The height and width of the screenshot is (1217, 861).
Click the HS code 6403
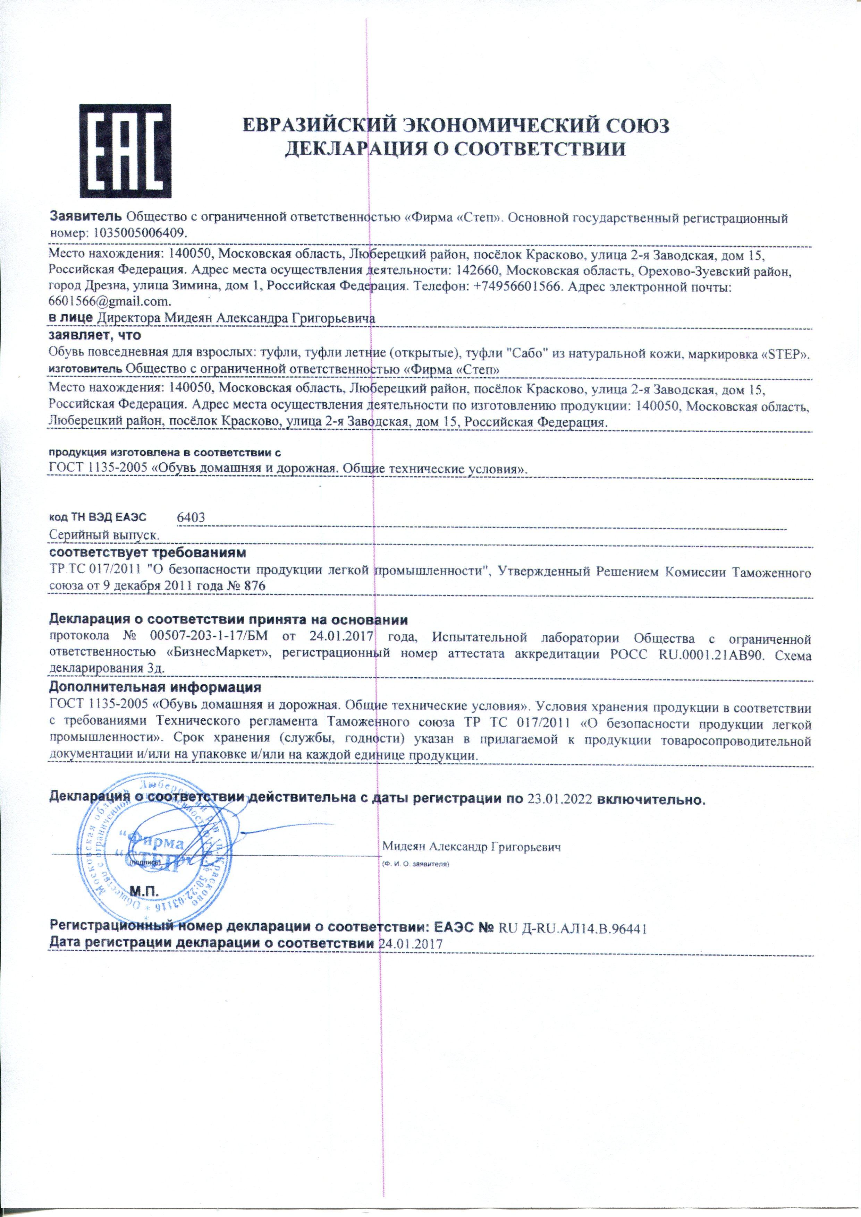pos(191,518)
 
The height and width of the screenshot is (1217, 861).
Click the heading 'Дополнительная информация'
pos(155,688)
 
